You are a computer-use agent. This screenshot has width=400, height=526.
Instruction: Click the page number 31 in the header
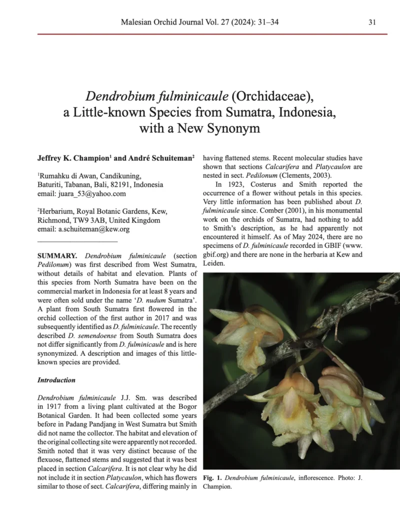[372, 22]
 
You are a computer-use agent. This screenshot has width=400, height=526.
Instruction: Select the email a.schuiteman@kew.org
[98, 229]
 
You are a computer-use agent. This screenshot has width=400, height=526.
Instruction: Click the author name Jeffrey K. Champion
[72, 158]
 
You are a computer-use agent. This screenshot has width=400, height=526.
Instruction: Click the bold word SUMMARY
[57, 256]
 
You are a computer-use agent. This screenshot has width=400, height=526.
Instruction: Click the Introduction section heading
[56, 380]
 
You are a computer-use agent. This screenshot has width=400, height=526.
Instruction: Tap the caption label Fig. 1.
[212, 478]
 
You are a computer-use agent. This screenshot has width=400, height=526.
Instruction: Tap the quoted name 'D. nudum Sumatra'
[159, 300]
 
